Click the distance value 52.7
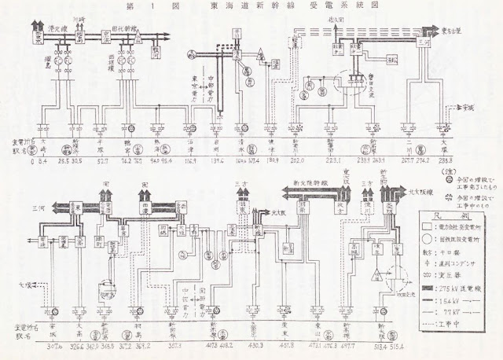click(x=103, y=161)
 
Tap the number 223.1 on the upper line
click(x=333, y=161)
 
